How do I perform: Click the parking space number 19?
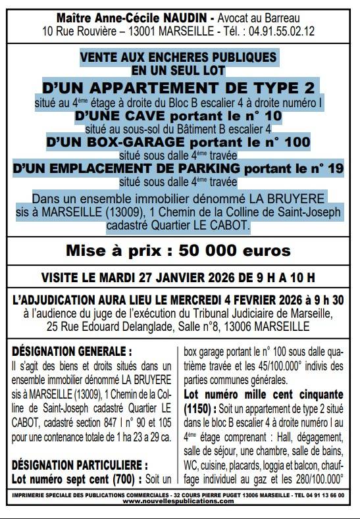click(x=336, y=169)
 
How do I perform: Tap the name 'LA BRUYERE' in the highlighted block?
click(x=292, y=198)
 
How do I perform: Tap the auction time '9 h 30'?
click(x=330, y=299)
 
